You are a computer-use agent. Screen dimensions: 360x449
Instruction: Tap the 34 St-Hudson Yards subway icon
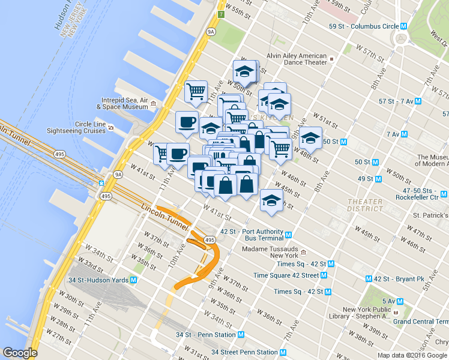(133, 280)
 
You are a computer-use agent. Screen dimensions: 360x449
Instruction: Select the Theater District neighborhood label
(364, 205)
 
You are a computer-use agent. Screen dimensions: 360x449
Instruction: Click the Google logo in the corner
(20, 353)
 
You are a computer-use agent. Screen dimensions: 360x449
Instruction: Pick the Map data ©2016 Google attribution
(412, 355)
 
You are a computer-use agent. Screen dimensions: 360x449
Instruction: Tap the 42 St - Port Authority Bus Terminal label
(252, 235)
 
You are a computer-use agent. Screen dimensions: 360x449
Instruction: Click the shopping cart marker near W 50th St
(196, 92)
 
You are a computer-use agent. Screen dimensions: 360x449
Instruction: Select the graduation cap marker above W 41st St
(271, 199)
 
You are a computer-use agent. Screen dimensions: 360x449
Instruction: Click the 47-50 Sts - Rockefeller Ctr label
(421, 194)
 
